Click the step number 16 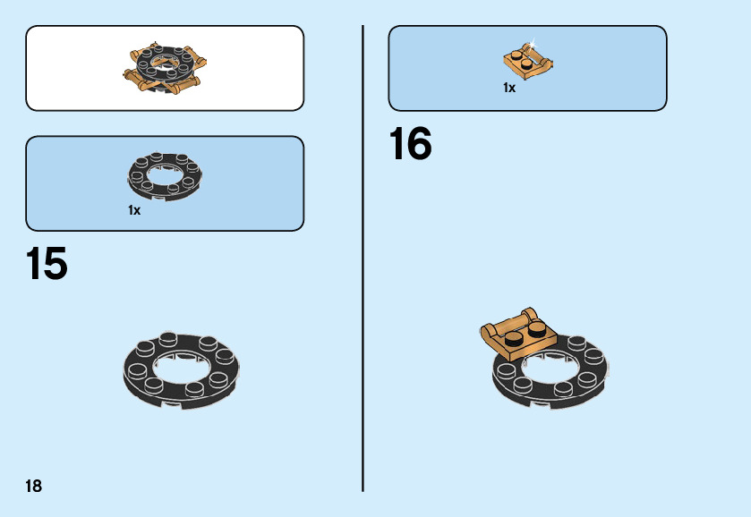pyautogui.click(x=410, y=144)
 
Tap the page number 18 pyautogui.click(x=33, y=487)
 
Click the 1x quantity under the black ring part pyautogui.click(x=134, y=210)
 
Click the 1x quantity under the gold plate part pyautogui.click(x=509, y=88)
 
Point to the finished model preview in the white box pyautogui.click(x=166, y=68)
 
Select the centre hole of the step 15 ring pyautogui.click(x=183, y=368)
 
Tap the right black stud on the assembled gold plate pyautogui.click(x=536, y=329)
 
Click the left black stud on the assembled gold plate pyautogui.click(x=513, y=338)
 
